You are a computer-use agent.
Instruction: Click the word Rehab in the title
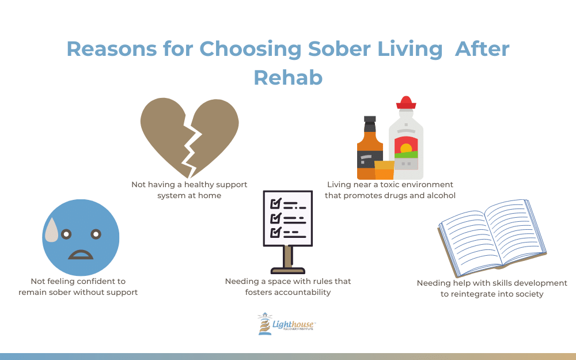pyautogui.click(x=288, y=78)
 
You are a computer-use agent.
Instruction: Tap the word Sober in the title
pyautogui.click(x=339, y=48)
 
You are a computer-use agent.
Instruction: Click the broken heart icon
pyautogui.click(x=190, y=138)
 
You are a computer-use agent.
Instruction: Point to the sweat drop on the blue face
pyautogui.click(x=51, y=230)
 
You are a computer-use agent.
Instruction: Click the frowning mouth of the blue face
pyautogui.click(x=81, y=255)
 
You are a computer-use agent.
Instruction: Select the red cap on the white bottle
pyautogui.click(x=406, y=103)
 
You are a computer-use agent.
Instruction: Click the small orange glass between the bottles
pyautogui.click(x=384, y=170)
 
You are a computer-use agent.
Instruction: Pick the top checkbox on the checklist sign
pyautogui.click(x=276, y=203)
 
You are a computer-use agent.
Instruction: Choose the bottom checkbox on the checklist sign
pyautogui.click(x=276, y=233)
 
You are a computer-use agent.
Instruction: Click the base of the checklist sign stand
pyautogui.click(x=288, y=271)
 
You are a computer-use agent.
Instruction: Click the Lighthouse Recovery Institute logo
pyautogui.click(x=286, y=324)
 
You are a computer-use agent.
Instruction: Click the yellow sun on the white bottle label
pyautogui.click(x=406, y=148)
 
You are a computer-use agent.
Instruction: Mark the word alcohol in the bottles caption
pyautogui.click(x=441, y=195)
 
